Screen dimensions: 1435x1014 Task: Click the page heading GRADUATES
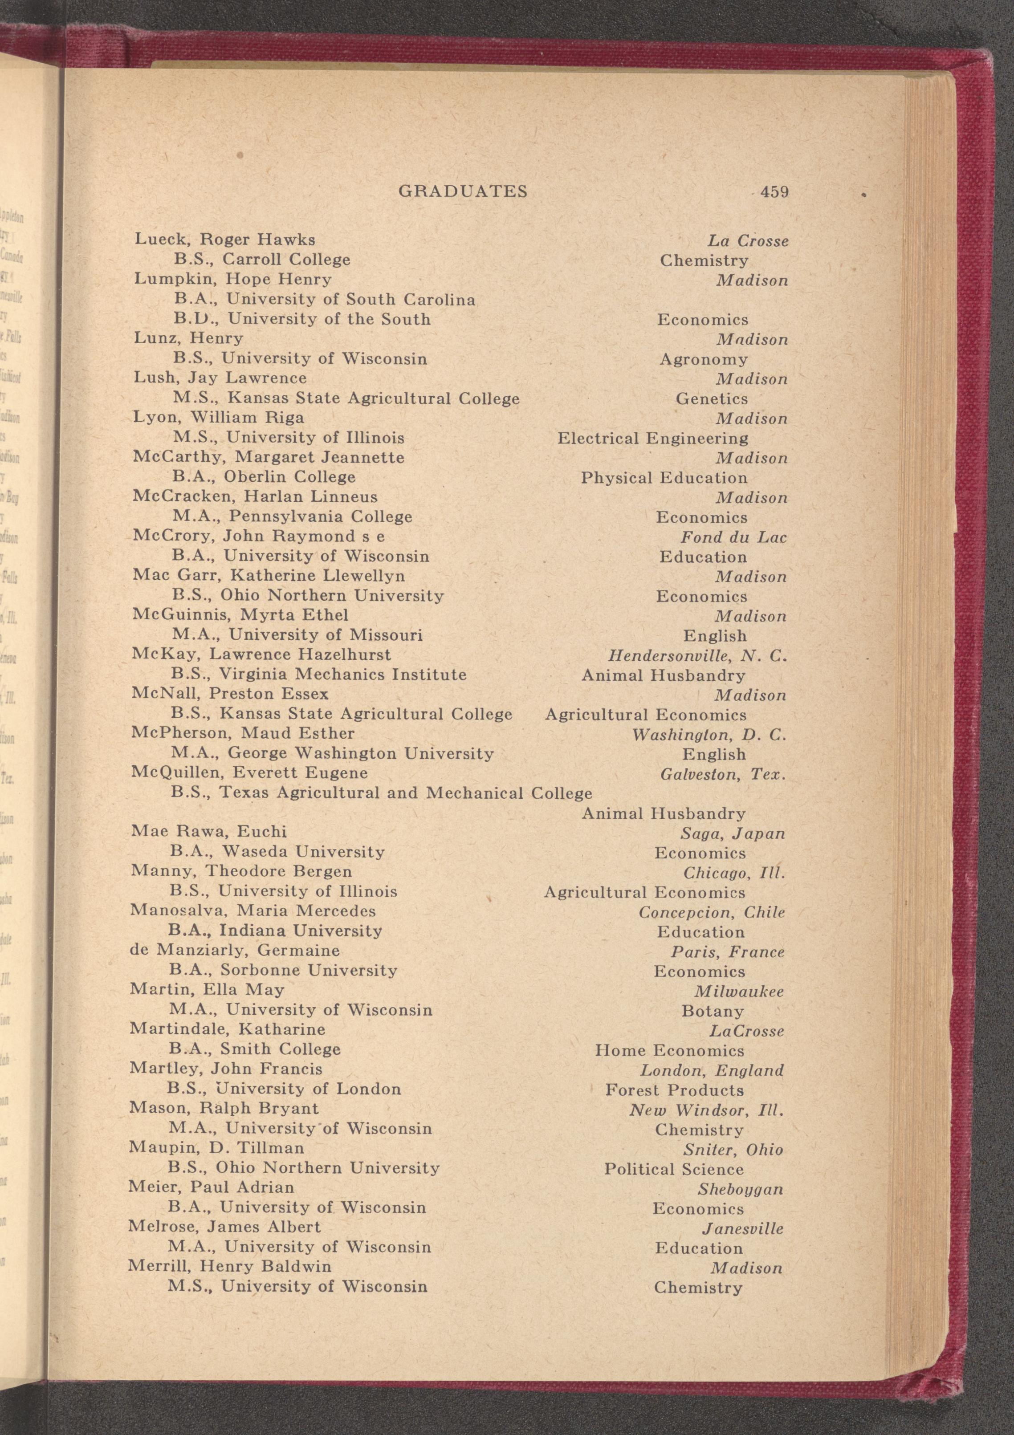pos(463,191)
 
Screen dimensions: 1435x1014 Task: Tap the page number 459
pos(774,192)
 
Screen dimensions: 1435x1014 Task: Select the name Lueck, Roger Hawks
pos(225,240)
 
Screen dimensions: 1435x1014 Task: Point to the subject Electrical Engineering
pos(653,438)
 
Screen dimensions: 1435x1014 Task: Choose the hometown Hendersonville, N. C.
pos(697,656)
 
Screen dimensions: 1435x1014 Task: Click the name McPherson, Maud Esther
pos(243,733)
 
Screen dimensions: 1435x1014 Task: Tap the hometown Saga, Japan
pos(733,834)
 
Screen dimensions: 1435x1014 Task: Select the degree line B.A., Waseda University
pos(277,852)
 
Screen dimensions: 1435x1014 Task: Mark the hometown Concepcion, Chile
pos(712,912)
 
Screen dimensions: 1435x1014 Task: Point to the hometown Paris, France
pos(728,952)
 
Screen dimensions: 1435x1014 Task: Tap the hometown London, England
pos(712,1071)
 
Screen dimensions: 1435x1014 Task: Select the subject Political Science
pos(674,1169)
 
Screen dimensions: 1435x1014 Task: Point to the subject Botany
pos(713,1011)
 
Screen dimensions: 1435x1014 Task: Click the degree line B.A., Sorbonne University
pos(283,970)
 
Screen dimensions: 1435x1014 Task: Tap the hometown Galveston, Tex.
pos(723,774)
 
